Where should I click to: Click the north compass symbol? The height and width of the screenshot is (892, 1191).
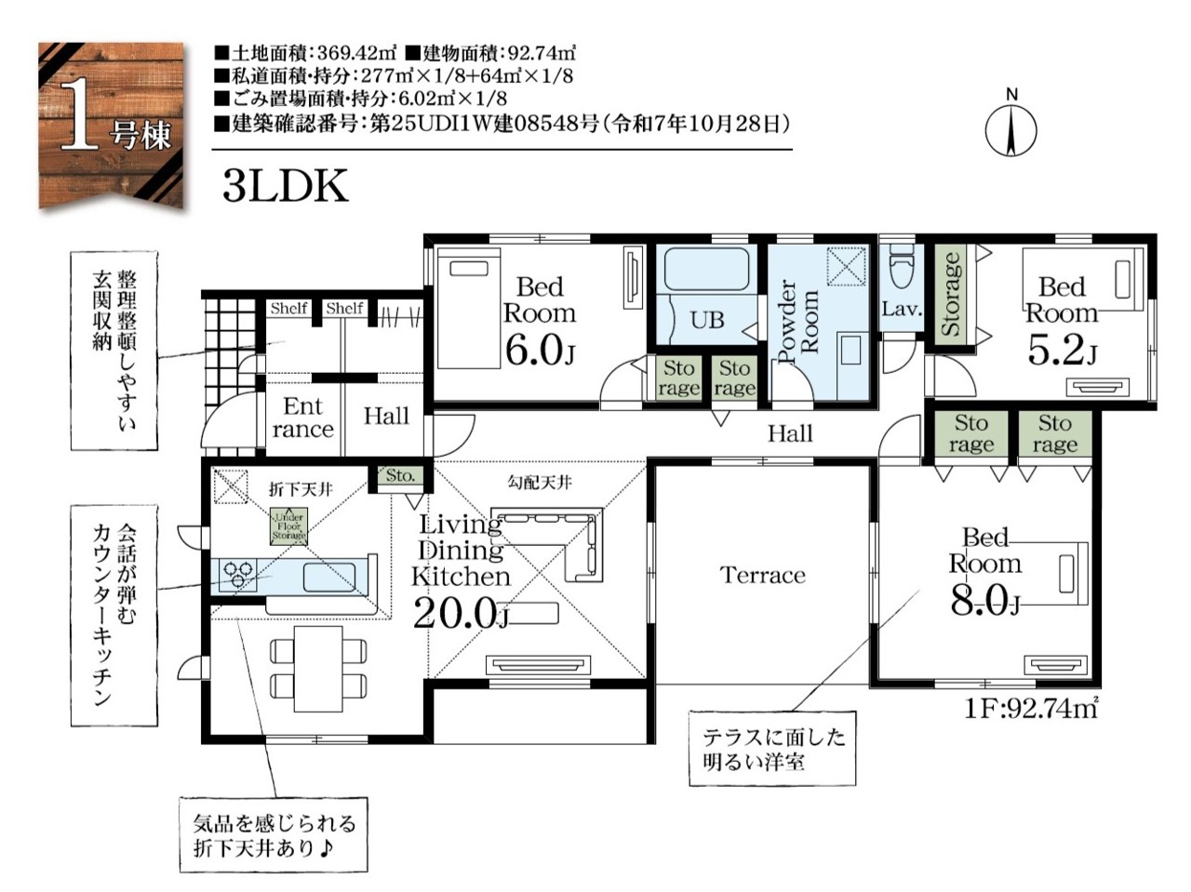(x=1010, y=129)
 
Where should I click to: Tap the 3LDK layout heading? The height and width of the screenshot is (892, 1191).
(x=286, y=186)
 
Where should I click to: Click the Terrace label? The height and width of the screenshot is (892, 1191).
(x=763, y=575)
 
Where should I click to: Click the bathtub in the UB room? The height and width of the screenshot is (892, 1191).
(x=706, y=270)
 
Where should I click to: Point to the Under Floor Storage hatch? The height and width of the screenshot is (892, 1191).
(x=288, y=526)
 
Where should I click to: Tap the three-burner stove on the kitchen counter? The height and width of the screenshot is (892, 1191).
(x=238, y=575)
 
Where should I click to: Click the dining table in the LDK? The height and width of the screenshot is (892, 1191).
(x=318, y=668)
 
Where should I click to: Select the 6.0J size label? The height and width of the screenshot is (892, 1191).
(x=539, y=351)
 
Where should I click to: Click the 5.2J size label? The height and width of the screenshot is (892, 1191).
(x=1062, y=351)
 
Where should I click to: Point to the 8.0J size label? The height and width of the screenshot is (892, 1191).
(x=984, y=601)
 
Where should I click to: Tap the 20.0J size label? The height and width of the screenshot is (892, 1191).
(x=462, y=613)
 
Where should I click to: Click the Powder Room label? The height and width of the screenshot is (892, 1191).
(x=797, y=321)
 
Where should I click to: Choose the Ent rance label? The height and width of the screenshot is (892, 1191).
(x=303, y=417)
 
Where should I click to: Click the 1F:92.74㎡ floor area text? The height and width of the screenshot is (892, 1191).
(x=1031, y=708)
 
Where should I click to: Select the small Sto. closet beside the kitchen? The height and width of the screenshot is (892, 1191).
(x=401, y=476)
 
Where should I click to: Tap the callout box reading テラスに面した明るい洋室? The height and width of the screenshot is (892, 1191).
(x=772, y=749)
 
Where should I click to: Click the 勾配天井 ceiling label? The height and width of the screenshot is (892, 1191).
(x=540, y=483)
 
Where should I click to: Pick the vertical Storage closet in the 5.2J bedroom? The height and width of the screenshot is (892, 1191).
(x=952, y=295)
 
